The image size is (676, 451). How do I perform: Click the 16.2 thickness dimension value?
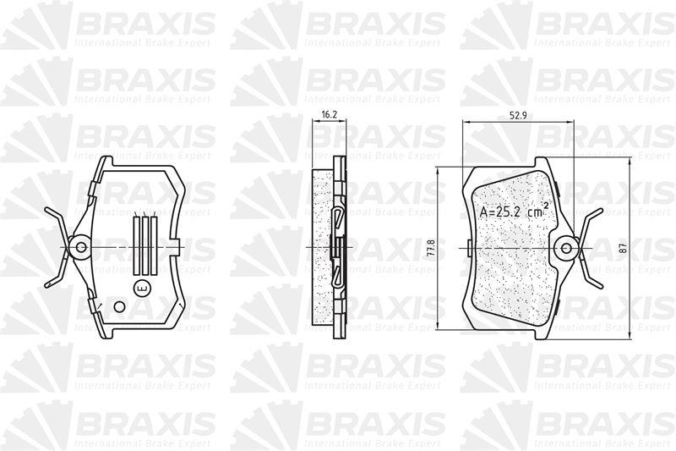(330, 113)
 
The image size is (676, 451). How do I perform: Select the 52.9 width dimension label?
(506, 116)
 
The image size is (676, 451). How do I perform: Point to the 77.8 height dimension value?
(431, 247)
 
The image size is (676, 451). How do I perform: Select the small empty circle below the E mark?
(120, 306)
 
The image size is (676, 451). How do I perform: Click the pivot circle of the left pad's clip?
(82, 247)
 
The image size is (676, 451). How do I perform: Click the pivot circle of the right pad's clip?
(567, 248)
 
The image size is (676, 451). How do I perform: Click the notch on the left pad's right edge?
(177, 247)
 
